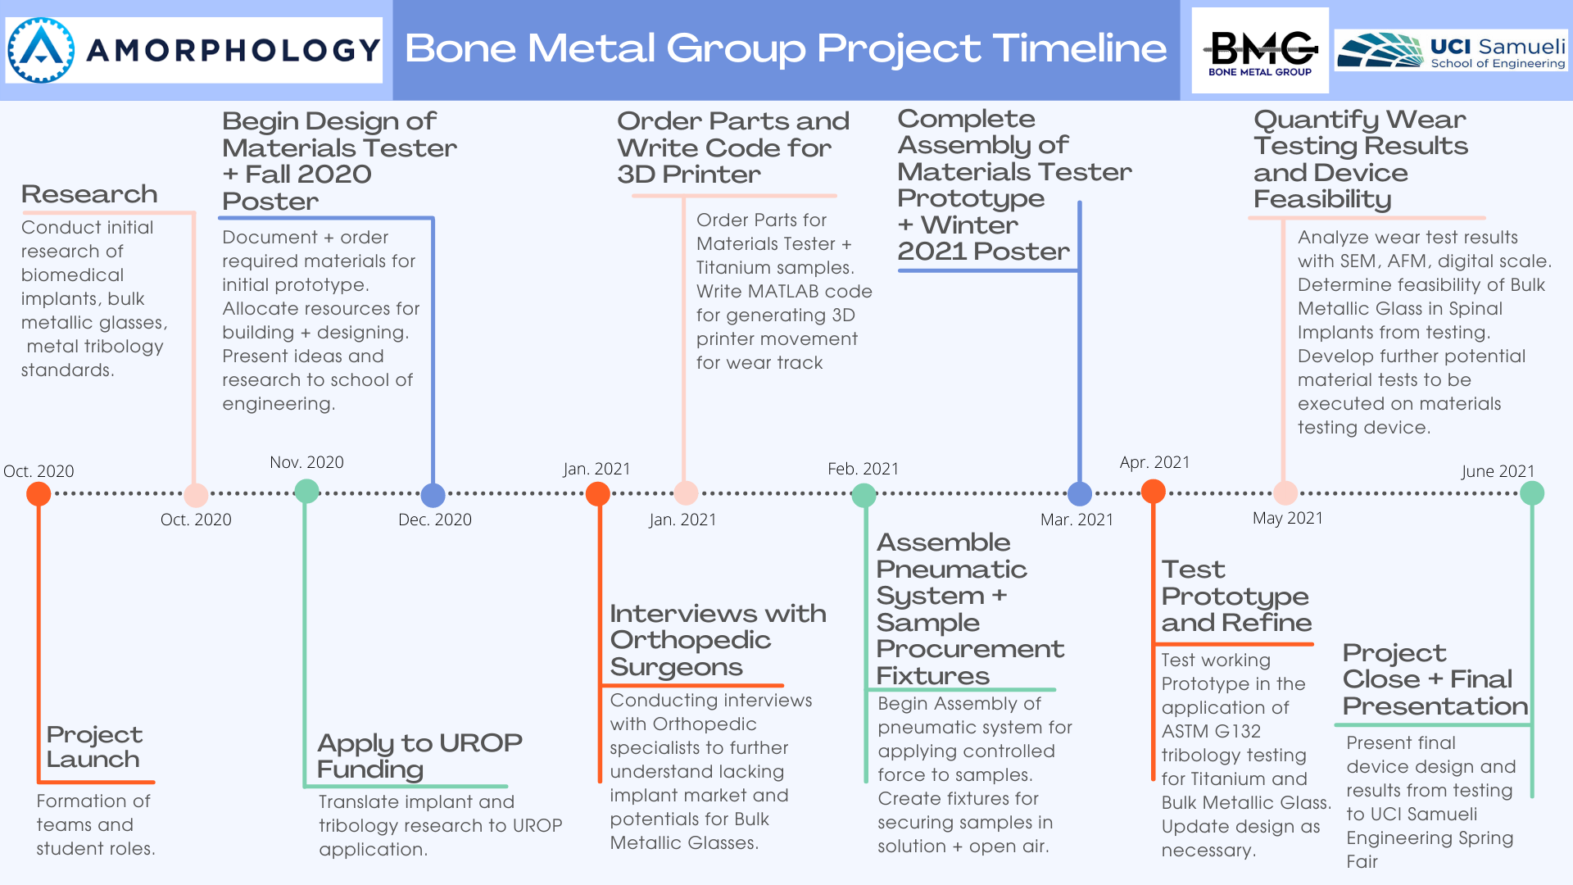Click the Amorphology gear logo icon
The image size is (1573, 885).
click(x=41, y=50)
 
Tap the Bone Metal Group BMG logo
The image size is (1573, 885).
click(x=1260, y=51)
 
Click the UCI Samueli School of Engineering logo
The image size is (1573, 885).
click(x=1451, y=51)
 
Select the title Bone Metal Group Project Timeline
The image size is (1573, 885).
click(x=786, y=48)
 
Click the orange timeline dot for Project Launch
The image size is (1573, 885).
click(x=39, y=493)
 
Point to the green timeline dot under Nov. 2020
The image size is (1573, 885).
click(x=306, y=492)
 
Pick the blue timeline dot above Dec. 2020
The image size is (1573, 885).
click(x=433, y=495)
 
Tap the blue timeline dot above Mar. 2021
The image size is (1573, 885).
click(x=1080, y=493)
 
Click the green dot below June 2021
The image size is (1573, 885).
click(x=1532, y=493)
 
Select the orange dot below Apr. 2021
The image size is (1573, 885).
click(x=1154, y=492)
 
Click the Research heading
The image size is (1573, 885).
click(x=89, y=194)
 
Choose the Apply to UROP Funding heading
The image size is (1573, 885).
click(x=419, y=756)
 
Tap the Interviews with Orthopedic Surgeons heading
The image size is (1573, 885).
click(x=718, y=640)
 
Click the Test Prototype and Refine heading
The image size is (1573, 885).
click(x=1236, y=596)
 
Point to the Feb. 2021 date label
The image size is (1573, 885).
click(x=863, y=469)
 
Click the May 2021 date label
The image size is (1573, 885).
click(x=1288, y=518)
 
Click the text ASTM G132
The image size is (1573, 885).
click(x=1211, y=731)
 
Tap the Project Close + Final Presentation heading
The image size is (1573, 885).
click(x=1435, y=679)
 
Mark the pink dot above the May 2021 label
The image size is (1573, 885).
click(x=1285, y=492)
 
